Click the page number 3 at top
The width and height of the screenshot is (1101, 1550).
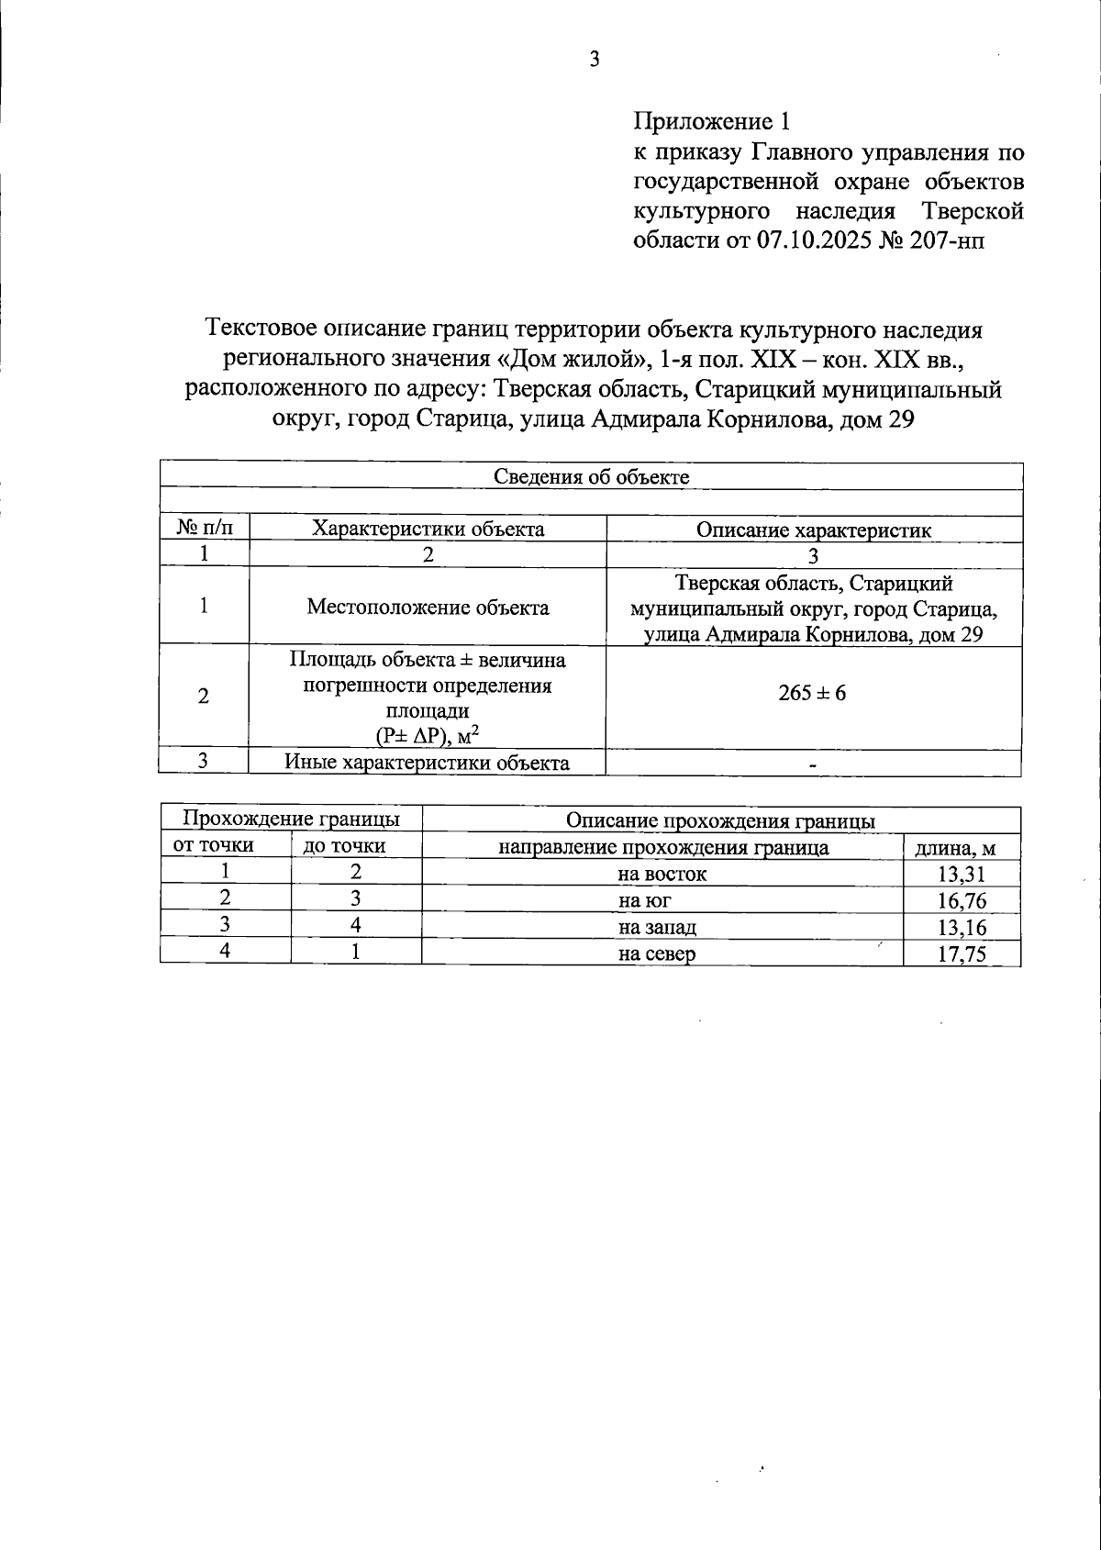click(x=595, y=61)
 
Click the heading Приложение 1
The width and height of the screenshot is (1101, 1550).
click(x=711, y=121)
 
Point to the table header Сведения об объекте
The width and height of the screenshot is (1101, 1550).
click(x=591, y=476)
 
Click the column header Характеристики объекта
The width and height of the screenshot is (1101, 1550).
click(x=428, y=529)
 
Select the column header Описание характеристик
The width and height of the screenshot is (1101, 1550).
click(x=813, y=530)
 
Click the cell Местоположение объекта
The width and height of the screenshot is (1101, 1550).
click(x=428, y=607)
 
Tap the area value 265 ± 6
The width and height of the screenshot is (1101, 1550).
click(x=813, y=693)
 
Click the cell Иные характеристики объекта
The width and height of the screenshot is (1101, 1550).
click(x=427, y=762)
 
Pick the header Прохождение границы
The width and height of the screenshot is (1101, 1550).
click(x=291, y=819)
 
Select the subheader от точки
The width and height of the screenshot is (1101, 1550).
click(x=214, y=845)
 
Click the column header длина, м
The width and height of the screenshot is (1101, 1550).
click(x=962, y=848)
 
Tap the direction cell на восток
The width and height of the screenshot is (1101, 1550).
click(x=662, y=874)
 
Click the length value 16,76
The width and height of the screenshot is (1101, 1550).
click(x=962, y=901)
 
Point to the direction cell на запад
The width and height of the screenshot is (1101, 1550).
click(x=662, y=927)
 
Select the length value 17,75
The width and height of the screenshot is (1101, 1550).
click(x=962, y=954)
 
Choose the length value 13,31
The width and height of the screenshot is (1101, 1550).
click(x=962, y=875)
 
